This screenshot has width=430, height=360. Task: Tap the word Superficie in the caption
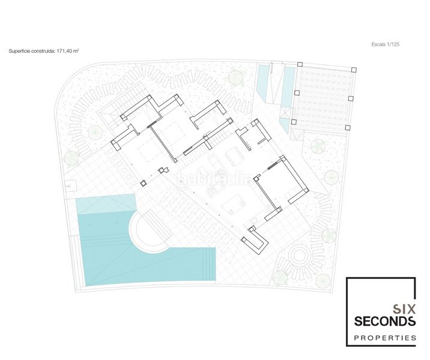coord(17,51)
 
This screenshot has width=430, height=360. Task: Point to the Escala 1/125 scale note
coord(386,44)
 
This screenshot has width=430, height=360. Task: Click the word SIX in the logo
coord(404,310)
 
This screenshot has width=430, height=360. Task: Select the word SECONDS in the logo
coord(385,321)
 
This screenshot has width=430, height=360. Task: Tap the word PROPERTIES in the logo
coord(385,338)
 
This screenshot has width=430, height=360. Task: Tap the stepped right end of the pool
coord(209,264)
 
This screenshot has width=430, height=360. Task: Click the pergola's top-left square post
coord(300,64)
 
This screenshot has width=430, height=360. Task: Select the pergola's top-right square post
coord(354,70)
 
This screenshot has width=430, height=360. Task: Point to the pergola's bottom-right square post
coord(348,127)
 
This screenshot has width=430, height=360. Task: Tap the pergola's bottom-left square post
coord(294,122)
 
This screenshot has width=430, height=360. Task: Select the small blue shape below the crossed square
coord(285,125)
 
